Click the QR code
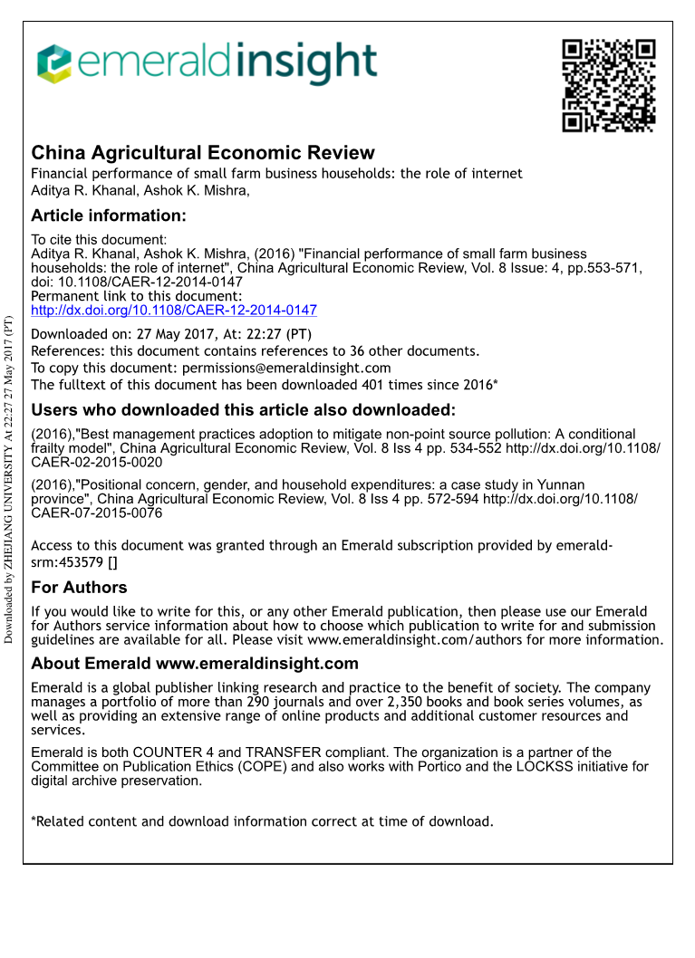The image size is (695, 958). pos(608,84)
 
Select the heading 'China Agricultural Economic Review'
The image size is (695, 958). pos(203,153)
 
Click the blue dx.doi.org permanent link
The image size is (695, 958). pos(174,310)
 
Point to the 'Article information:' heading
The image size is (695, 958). pos(109,216)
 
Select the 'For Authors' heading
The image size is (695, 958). pos(79,589)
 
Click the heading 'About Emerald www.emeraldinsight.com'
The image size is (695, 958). pos(195,664)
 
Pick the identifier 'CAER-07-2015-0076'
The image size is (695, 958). pos(97,513)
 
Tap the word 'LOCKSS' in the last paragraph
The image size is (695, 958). pos(547,767)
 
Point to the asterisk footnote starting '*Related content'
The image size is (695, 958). pos(262,821)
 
